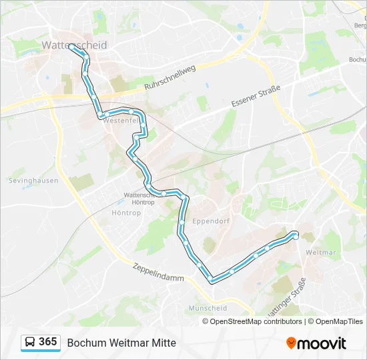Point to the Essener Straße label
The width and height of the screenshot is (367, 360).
[255, 96]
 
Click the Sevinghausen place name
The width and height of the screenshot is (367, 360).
[33, 180]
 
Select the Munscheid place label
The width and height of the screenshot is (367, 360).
[208, 308]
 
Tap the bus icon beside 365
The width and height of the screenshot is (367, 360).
[30, 342]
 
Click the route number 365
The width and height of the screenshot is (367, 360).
[48, 342]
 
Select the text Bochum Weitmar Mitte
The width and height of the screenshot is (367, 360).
[121, 343]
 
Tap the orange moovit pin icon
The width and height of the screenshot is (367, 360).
[291, 343]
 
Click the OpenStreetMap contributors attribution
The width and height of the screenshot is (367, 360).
[256, 321]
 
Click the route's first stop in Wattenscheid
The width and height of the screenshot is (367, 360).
[71, 45]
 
